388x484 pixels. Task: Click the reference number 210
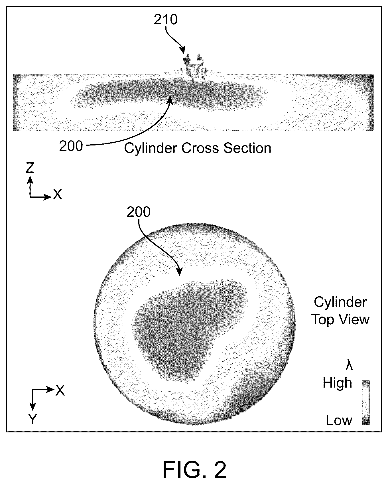click(x=166, y=20)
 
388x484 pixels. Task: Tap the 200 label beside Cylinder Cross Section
click(x=71, y=146)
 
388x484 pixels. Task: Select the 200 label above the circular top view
click(x=139, y=212)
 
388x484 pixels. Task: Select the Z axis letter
click(x=30, y=168)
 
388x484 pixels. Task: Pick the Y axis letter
click(x=33, y=419)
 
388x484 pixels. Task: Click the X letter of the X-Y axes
click(x=60, y=390)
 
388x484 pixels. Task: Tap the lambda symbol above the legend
click(x=349, y=365)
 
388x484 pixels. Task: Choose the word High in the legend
click(x=338, y=383)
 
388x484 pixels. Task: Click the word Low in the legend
click(x=339, y=420)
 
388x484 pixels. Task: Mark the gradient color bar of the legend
click(x=366, y=402)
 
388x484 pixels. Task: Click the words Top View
click(x=340, y=319)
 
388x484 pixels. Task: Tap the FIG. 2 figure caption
click(x=195, y=470)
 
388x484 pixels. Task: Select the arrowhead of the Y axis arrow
click(x=33, y=407)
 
